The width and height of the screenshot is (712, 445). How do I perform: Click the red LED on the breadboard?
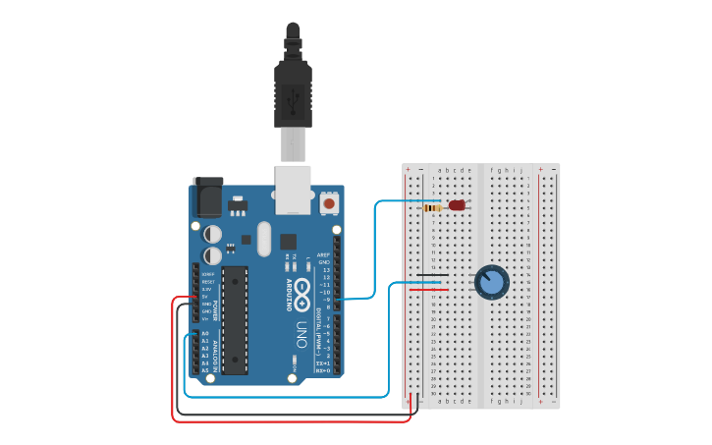pyautogui.click(x=456, y=206)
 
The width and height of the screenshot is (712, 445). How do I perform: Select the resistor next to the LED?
pyautogui.click(x=432, y=207)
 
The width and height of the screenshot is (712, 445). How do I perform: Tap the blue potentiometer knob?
pyautogui.click(x=492, y=283)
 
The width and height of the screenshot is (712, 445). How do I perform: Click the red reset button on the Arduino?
pyautogui.click(x=330, y=202)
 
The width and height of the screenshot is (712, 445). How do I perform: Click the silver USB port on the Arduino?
pyautogui.click(x=293, y=189)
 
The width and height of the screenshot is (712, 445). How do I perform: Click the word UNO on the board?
pyautogui.click(x=302, y=330)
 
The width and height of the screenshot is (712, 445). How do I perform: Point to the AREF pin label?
pyautogui.click(x=323, y=253)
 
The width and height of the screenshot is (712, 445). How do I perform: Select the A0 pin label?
pyautogui.click(x=205, y=334)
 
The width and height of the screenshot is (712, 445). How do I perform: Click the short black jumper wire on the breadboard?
pyautogui.click(x=433, y=275)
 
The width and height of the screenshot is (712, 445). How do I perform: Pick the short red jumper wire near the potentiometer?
pyautogui.click(x=428, y=290)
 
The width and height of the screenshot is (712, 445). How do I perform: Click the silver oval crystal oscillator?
pyautogui.click(x=263, y=239)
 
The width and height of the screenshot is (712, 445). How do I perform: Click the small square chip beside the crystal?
pyautogui.click(x=288, y=241)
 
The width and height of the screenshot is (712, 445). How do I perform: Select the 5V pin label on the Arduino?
pyautogui.click(x=206, y=296)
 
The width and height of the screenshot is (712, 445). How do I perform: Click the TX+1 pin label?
pyautogui.click(x=322, y=363)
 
